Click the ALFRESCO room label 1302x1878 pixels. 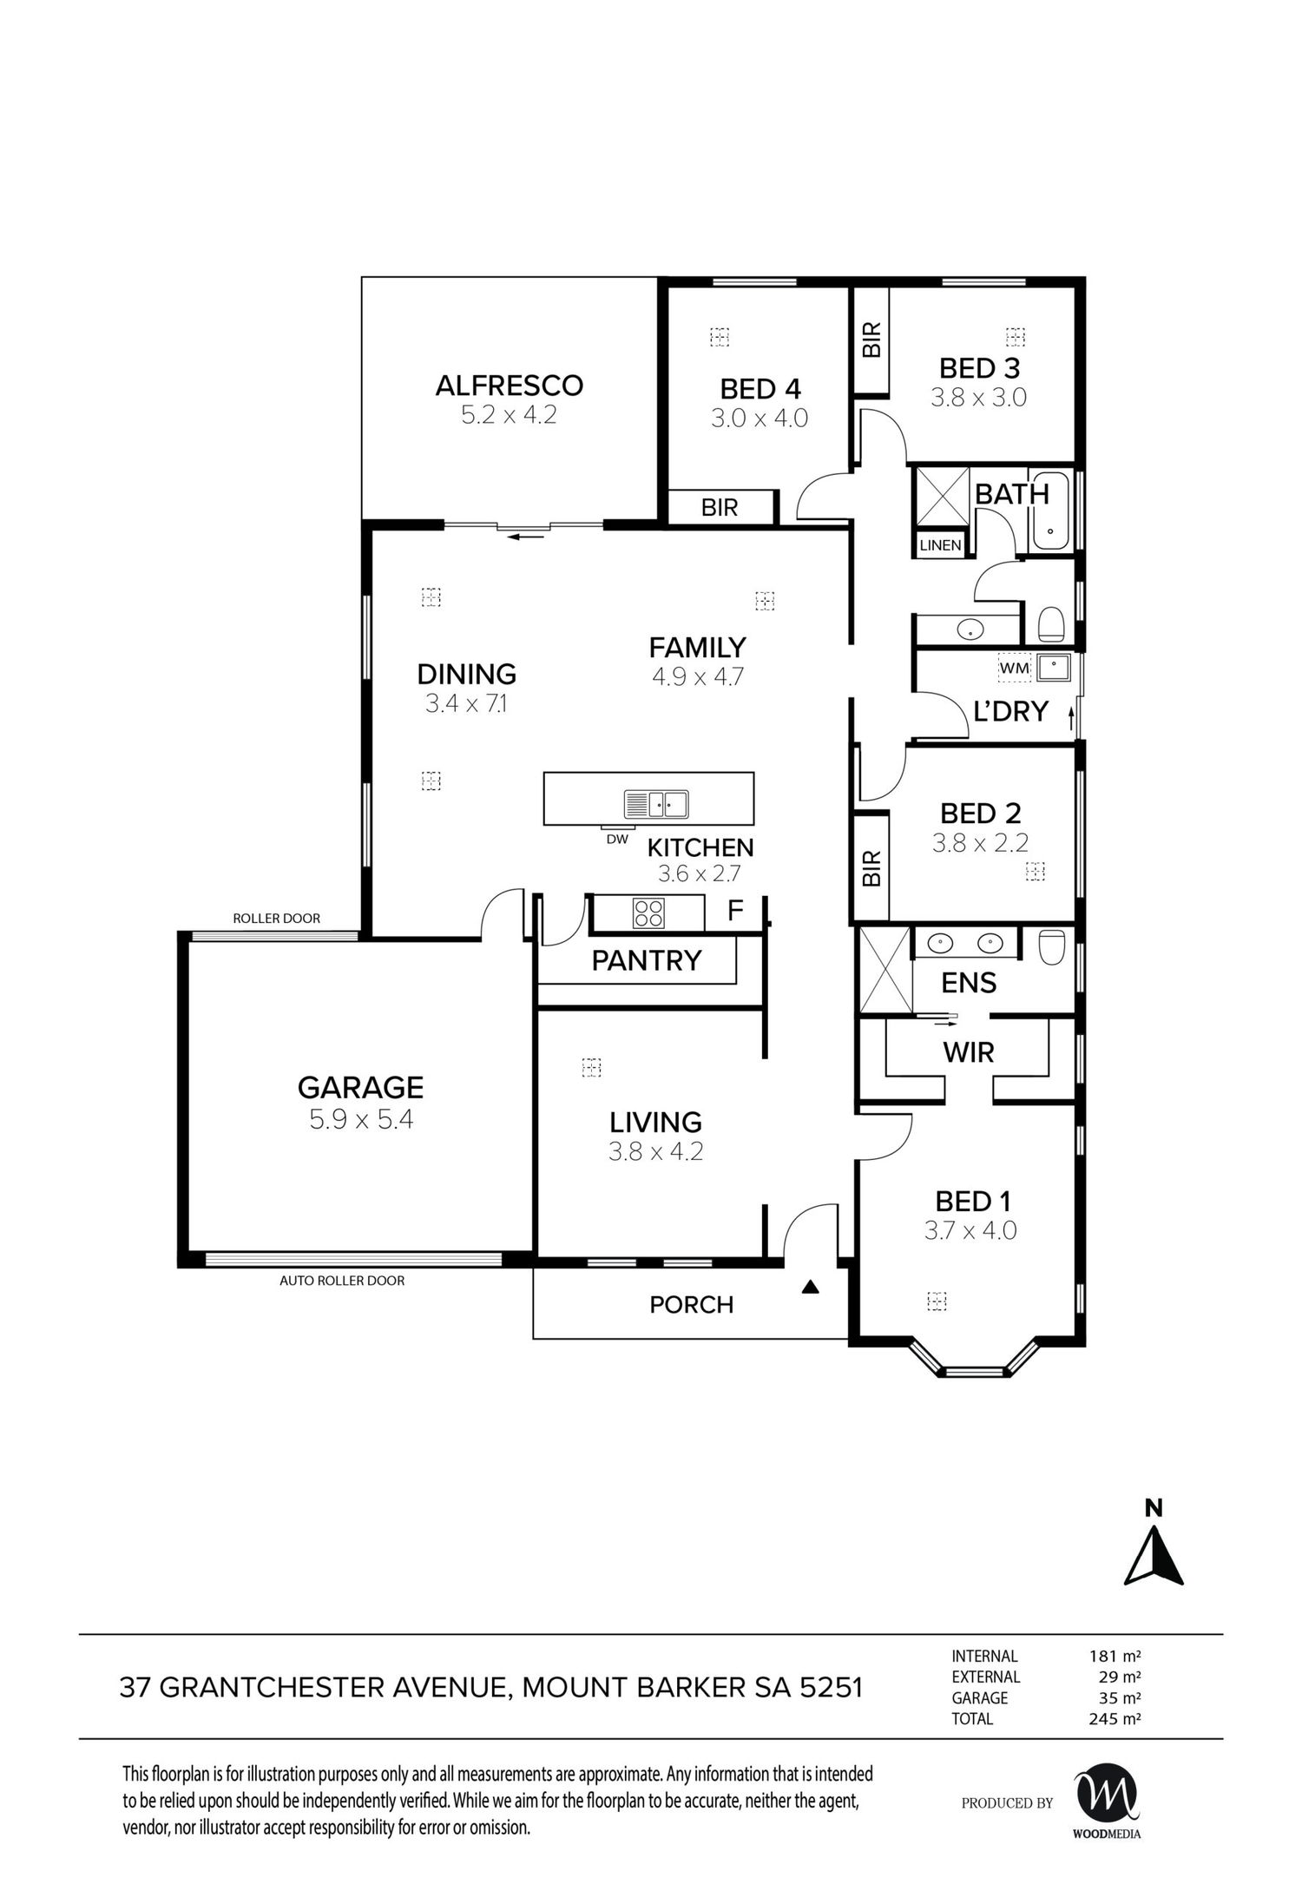(509, 385)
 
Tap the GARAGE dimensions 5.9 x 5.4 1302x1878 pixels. (361, 1120)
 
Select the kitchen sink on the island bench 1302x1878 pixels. (655, 804)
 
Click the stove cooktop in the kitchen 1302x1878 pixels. (648, 913)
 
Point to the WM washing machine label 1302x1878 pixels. (1015, 669)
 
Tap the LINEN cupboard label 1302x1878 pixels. (940, 545)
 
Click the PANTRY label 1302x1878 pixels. (647, 960)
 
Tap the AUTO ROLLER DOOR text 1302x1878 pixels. (342, 1281)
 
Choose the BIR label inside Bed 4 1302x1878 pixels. (720, 508)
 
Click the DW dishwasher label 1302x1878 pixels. (617, 840)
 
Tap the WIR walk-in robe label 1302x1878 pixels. (969, 1053)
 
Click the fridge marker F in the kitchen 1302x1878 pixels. (735, 911)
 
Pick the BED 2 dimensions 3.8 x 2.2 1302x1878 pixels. (980, 843)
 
